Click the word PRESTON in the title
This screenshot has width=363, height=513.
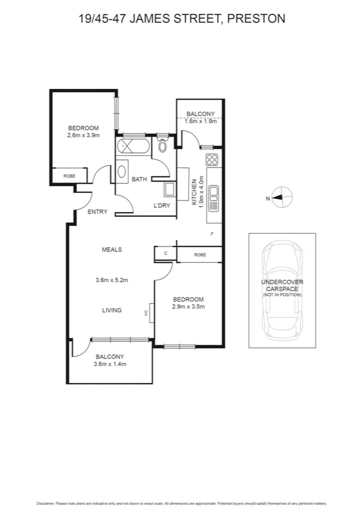coord(256,19)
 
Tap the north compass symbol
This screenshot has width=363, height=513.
coord(282,197)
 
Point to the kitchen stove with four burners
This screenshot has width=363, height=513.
coord(212,160)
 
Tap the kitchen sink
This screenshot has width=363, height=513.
coord(213,197)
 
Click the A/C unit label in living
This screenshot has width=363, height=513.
coord(146,313)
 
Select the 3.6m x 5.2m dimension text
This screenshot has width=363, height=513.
coord(112,280)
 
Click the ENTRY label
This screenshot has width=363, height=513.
coord(97,212)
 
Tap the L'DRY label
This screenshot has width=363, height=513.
coord(162,206)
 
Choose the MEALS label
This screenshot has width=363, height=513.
coord(112,249)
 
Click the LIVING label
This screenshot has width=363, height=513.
coord(112,310)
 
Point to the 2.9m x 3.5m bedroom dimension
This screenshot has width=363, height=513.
coord(188,306)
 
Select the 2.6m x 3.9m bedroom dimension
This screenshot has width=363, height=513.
coord(83,135)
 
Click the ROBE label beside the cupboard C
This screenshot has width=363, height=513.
coord(199,255)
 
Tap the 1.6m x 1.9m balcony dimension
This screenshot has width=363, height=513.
coord(201,121)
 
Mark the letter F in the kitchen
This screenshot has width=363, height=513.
coord(211,234)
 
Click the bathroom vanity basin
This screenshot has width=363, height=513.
coord(121,172)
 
